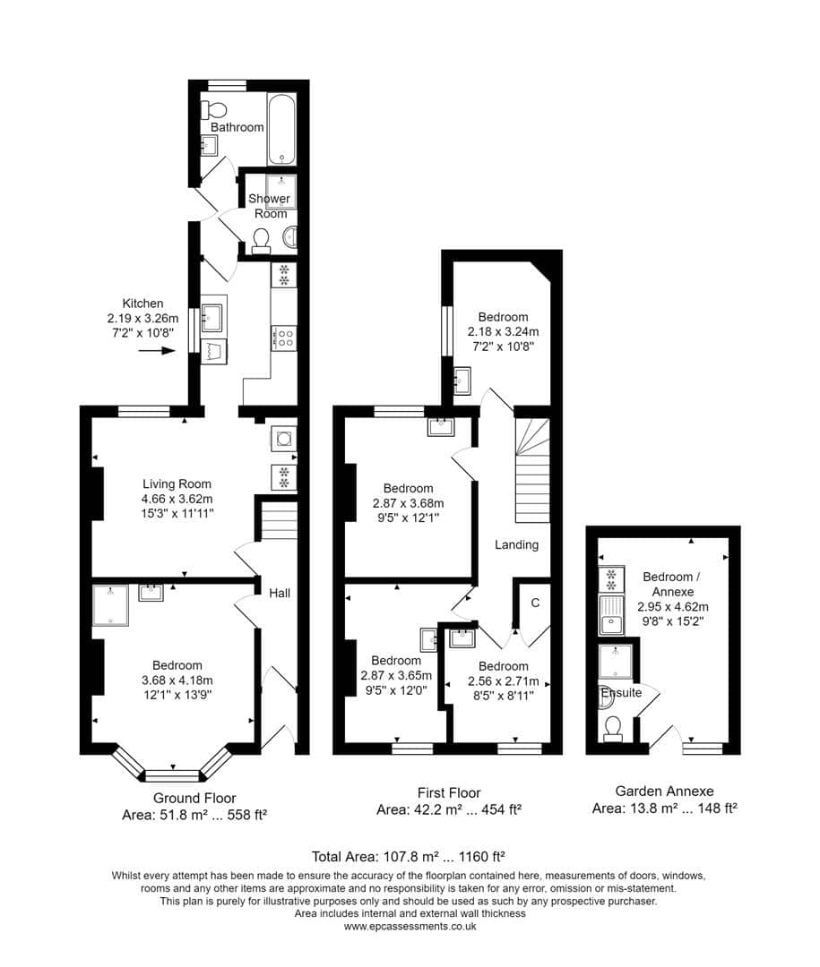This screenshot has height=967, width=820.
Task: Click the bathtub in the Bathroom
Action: (281, 130)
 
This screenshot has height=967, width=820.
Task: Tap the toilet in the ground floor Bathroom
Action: (213, 109)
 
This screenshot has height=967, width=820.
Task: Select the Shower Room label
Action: (269, 206)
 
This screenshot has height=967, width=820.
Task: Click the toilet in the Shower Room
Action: (261, 241)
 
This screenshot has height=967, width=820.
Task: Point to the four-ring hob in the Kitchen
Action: (283, 338)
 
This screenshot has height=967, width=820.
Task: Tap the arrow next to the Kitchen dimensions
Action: (157, 350)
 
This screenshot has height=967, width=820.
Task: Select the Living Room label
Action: (177, 484)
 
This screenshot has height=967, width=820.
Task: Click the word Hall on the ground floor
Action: (280, 594)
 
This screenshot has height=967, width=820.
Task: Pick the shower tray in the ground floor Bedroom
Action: (110, 605)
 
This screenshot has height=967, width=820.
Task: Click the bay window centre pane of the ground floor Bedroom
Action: (173, 775)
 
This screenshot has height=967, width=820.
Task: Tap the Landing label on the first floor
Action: (516, 544)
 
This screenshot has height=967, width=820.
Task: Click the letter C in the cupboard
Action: (535, 603)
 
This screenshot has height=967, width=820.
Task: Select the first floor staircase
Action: (532, 471)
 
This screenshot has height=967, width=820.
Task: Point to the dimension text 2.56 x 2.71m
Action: (504, 681)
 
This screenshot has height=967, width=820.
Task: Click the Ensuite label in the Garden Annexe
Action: (621, 692)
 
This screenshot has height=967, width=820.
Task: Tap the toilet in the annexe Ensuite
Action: (612, 728)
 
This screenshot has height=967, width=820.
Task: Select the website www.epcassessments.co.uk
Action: (410, 926)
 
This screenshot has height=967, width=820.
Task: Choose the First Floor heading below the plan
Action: (449, 793)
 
